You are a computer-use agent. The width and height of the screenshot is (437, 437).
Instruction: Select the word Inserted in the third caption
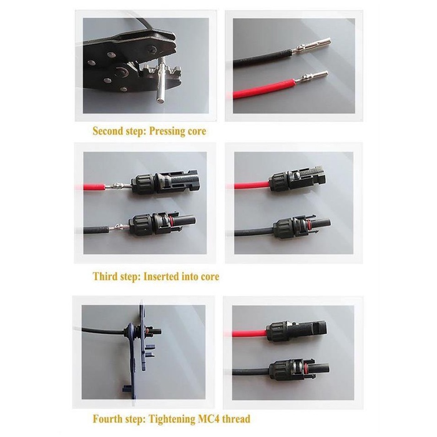pyautogui.click(x=164, y=276)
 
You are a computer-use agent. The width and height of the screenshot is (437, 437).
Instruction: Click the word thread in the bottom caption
pyautogui.click(x=237, y=419)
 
